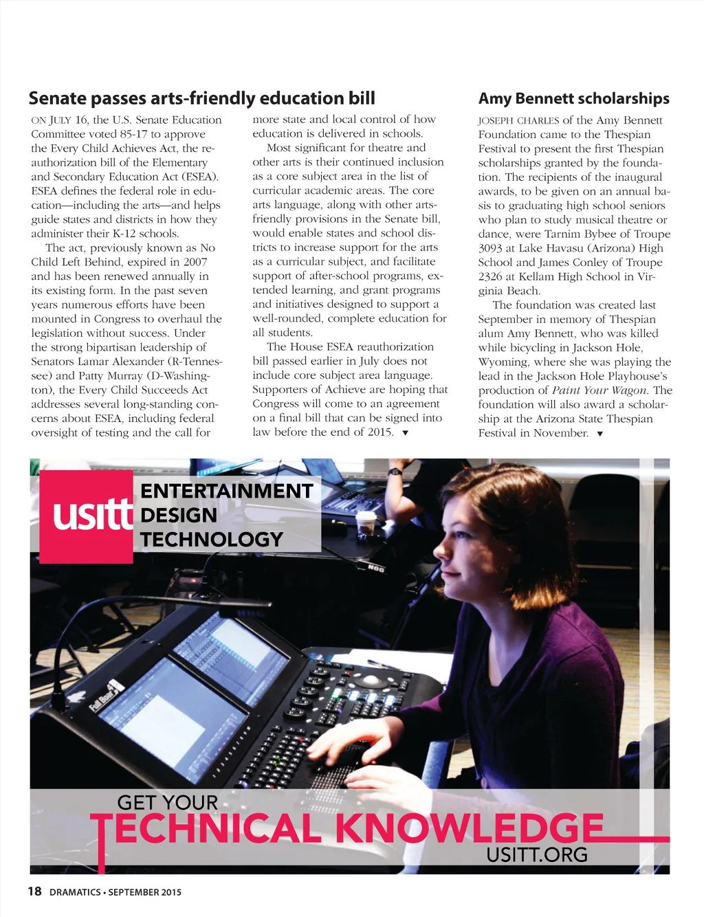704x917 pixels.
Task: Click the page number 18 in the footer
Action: point(34,892)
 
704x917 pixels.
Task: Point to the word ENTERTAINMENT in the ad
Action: point(227,491)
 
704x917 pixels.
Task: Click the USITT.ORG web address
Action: point(537,855)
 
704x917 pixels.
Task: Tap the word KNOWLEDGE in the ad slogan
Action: point(469,828)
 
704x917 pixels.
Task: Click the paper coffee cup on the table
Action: point(366,522)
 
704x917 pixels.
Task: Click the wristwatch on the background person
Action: point(395,472)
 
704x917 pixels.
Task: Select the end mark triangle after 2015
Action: point(405,433)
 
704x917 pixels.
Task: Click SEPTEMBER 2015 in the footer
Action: point(145,892)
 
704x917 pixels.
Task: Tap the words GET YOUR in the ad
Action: point(167,802)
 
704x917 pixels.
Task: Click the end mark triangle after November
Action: point(600,434)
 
